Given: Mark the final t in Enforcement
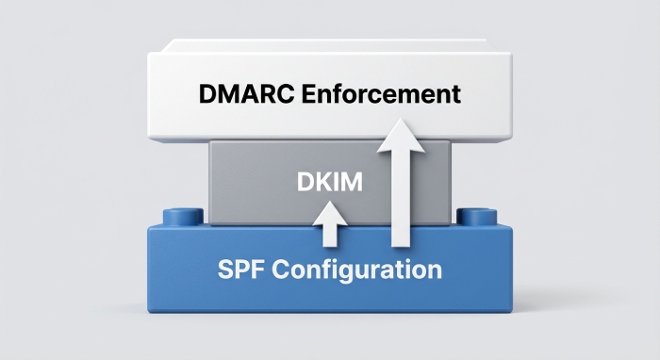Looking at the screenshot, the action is (456, 94).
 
